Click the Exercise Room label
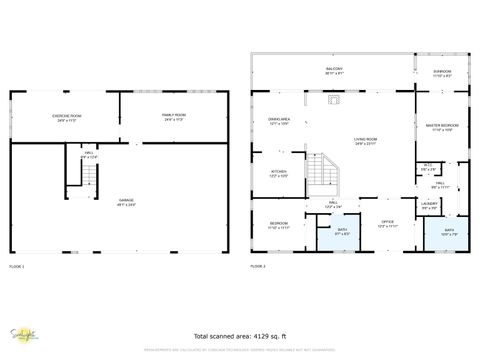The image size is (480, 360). pyautogui.click(x=67, y=117)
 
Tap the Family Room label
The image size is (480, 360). pyautogui.click(x=175, y=117)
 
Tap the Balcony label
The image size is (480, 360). pyautogui.click(x=333, y=70)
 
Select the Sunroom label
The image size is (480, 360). pyautogui.click(x=441, y=72)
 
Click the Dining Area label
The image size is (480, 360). pyautogui.click(x=278, y=121)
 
